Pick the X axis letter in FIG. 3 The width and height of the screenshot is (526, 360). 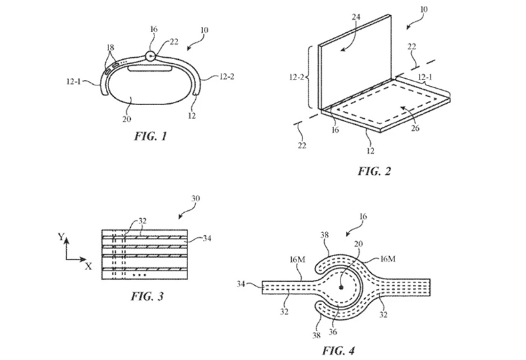(87, 267)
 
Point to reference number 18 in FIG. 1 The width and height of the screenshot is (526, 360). (110, 48)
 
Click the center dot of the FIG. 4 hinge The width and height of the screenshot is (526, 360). (341, 287)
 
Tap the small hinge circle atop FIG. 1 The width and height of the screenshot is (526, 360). (151, 56)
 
